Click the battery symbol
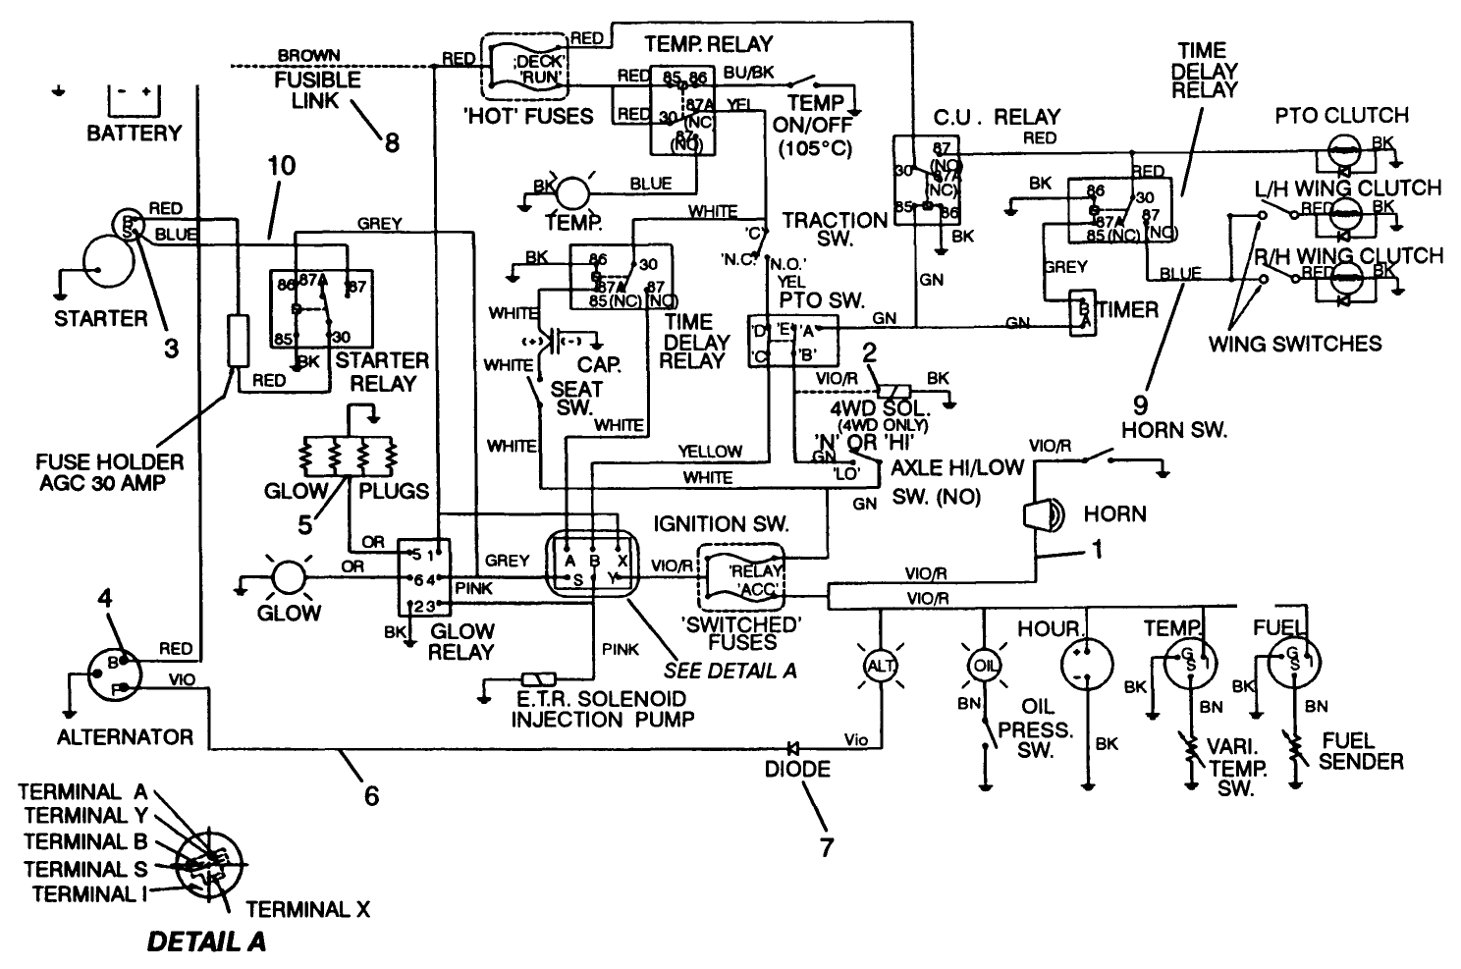132,99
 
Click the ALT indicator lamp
878,665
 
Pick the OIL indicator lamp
984,665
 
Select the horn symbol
1041,514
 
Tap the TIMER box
1082,313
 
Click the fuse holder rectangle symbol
238,340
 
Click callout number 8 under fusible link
392,142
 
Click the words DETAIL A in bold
206,942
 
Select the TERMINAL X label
307,909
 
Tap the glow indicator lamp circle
289,577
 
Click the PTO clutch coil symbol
1342,151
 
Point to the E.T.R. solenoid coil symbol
539,679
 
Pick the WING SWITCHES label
1294,343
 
